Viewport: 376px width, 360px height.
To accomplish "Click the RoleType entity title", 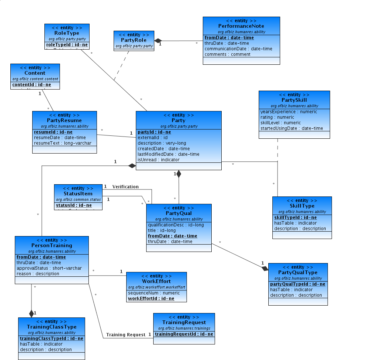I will (x=67, y=33).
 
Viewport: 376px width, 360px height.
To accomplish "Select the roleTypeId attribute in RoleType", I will (x=67, y=45).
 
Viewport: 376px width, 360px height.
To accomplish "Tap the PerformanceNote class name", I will (x=241, y=26).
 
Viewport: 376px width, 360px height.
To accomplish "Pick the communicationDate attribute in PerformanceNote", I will (x=238, y=49).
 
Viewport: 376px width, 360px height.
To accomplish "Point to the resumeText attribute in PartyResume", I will (x=63, y=143).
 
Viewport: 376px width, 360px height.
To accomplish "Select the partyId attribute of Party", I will (x=154, y=132).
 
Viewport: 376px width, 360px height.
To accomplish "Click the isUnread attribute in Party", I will (x=158, y=160).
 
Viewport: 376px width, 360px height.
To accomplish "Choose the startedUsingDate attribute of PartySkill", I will (x=292, y=128).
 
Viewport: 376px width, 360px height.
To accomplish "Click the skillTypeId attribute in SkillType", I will (x=295, y=218).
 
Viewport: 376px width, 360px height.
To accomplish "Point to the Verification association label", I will (x=125, y=187).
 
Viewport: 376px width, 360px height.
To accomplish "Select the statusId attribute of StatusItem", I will (x=74, y=205).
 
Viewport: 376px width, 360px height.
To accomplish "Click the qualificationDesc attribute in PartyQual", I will (x=176, y=225).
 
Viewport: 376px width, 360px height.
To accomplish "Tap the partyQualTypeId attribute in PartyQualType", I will (x=298, y=284).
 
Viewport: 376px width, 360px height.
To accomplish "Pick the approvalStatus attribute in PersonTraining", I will (x=49, y=268).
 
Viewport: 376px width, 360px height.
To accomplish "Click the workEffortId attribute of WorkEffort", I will (x=151, y=299).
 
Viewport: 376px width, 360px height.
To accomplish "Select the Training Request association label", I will (x=126, y=335).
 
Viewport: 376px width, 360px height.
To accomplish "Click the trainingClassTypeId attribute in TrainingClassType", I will (x=51, y=339).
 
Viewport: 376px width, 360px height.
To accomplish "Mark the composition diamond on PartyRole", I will (x=158, y=40).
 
